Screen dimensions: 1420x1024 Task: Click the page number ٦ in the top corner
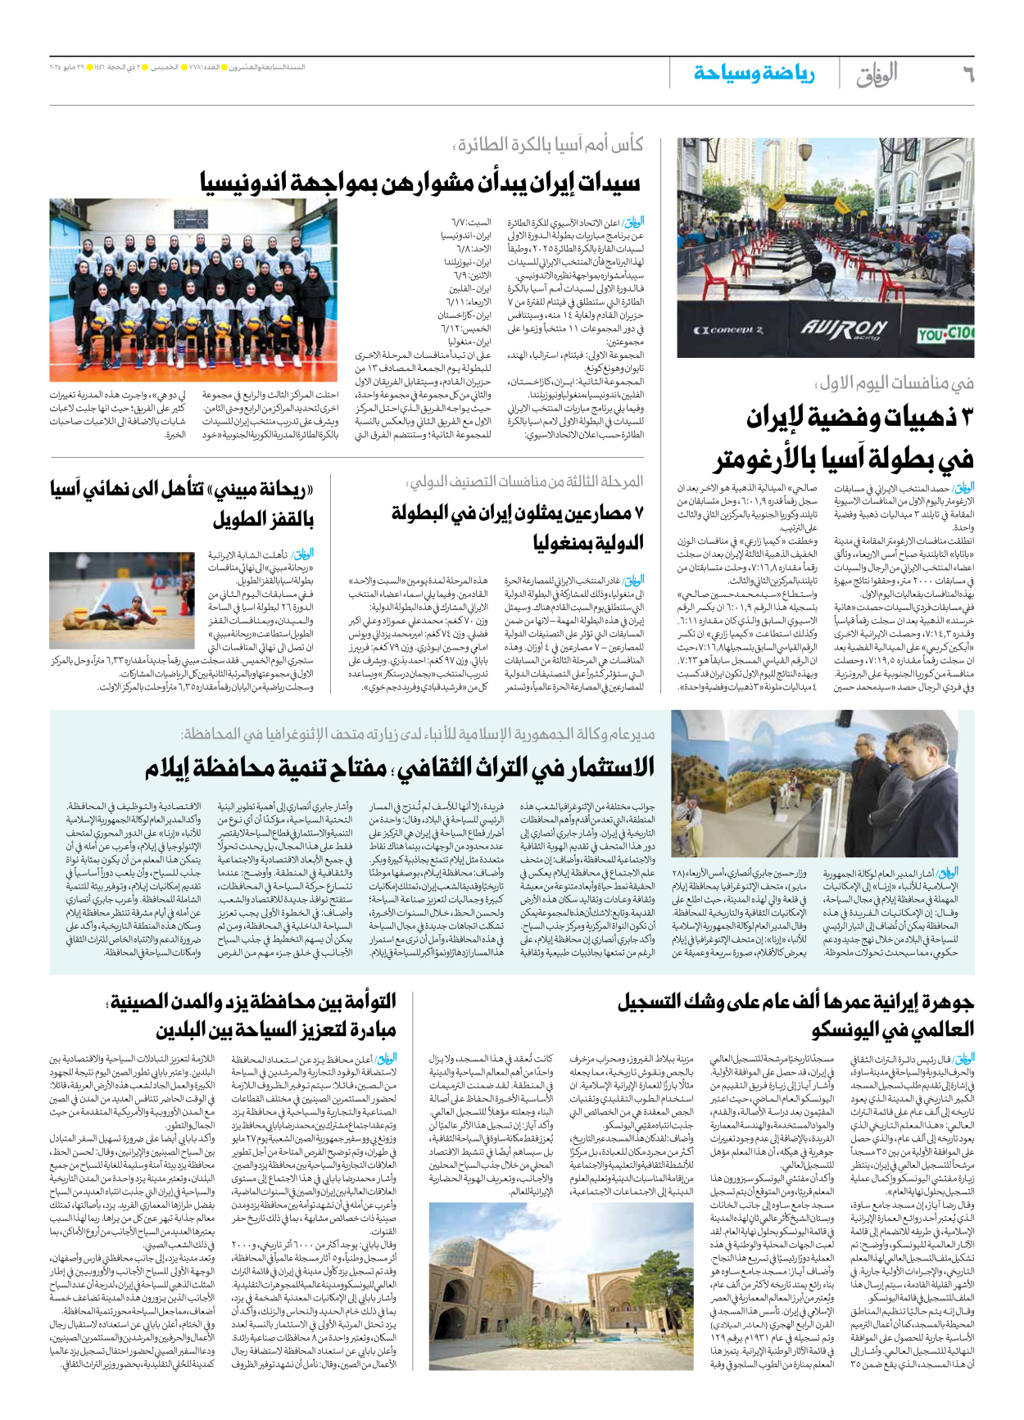tap(967, 75)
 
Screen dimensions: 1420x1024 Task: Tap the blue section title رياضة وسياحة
tap(754, 74)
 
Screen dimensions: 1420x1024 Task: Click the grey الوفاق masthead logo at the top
tap(877, 75)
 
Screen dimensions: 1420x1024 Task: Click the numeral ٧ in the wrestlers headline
tap(638, 513)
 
